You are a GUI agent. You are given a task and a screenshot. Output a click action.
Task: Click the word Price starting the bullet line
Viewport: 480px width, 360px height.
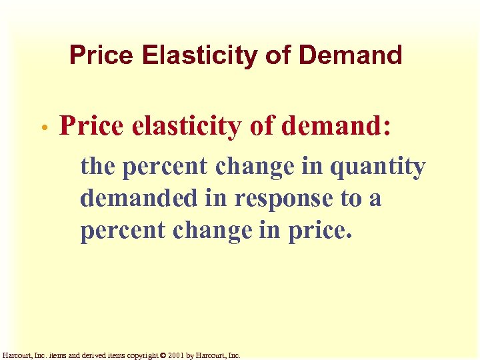[x=91, y=125]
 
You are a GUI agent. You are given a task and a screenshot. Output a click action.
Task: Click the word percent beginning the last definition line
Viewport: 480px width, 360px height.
[x=121, y=230]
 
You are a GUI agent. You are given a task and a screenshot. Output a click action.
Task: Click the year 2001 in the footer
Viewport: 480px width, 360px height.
[x=175, y=355]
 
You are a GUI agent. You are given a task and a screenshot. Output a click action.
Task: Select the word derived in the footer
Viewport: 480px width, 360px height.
[x=91, y=355]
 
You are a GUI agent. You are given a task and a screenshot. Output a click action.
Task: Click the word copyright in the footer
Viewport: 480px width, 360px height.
[x=138, y=355]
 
